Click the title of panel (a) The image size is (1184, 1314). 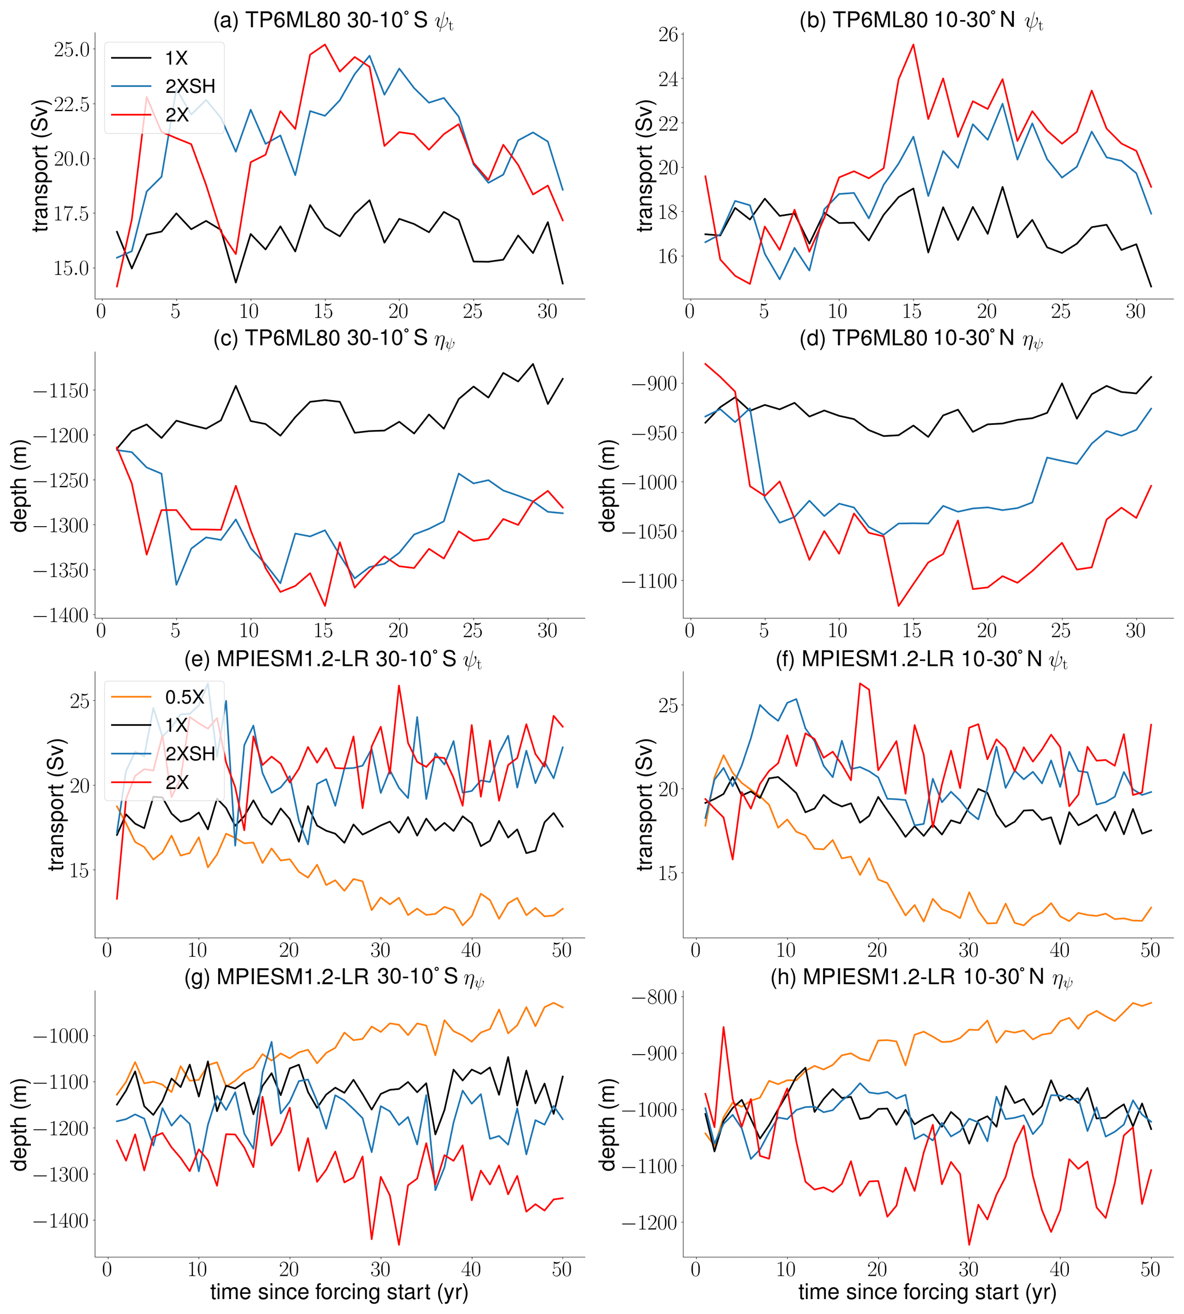[x=333, y=20]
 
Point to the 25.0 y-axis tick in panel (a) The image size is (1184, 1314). [x=72, y=49]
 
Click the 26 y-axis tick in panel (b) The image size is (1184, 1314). [x=668, y=34]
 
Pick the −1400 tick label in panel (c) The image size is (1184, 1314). [x=61, y=615]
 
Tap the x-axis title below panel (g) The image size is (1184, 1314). [x=339, y=1291]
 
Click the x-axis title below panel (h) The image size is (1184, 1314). [x=927, y=1291]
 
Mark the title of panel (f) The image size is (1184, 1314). [x=921, y=659]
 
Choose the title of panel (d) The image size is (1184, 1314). [x=921, y=339]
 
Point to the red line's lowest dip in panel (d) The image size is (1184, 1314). [x=898, y=606]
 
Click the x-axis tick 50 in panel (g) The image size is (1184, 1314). [x=561, y=1270]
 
